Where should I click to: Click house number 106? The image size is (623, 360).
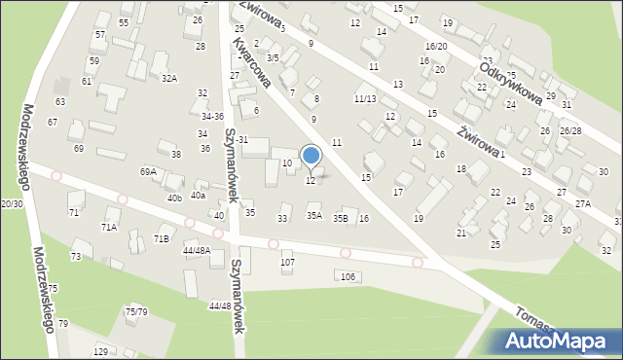pyautogui.click(x=348, y=277)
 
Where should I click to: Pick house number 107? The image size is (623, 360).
pyautogui.click(x=287, y=263)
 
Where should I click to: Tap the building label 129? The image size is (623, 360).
pyautogui.click(x=100, y=350)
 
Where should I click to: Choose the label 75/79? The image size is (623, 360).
pyautogui.click(x=136, y=311)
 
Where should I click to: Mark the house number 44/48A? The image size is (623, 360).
pyautogui.click(x=196, y=250)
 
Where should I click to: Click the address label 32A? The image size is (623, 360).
pyautogui.click(x=169, y=78)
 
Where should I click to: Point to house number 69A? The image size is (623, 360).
pyautogui.click(x=148, y=171)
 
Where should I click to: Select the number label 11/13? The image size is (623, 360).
pyautogui.click(x=364, y=98)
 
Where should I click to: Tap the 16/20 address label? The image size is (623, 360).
pyautogui.click(x=436, y=47)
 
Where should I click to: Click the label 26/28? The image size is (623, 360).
pyautogui.click(x=570, y=130)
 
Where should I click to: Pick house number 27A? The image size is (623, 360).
pyautogui.click(x=582, y=204)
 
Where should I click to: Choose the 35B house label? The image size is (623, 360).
pyautogui.click(x=340, y=218)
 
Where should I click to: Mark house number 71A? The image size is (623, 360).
pyautogui.click(x=108, y=227)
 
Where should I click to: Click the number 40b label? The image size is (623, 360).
pyautogui.click(x=174, y=198)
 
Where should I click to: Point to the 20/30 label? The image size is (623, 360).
pyautogui.click(x=12, y=203)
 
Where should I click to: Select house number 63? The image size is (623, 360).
pyautogui.click(x=60, y=101)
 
